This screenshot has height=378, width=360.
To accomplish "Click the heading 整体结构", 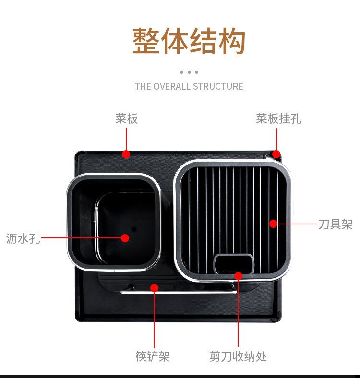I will pyautogui.click(x=189, y=42).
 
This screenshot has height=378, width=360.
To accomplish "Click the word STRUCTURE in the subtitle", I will pyautogui.click(x=218, y=87).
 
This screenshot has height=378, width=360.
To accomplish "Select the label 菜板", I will pyautogui.click(x=126, y=118).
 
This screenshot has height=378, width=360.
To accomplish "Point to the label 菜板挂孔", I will pyautogui.click(x=278, y=118).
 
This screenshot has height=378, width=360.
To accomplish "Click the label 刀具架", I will pyautogui.click(x=335, y=224).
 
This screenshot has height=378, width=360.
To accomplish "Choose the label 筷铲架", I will pyautogui.click(x=152, y=356).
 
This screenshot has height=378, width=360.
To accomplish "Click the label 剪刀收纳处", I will pyautogui.click(x=238, y=356).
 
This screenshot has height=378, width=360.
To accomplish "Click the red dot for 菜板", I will pyautogui.click(x=126, y=154).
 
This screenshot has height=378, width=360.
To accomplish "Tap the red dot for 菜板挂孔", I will pyautogui.click(x=276, y=154).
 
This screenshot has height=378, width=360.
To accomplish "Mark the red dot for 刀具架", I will pyautogui.click(x=273, y=224).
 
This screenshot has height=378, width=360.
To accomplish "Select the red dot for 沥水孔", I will pyautogui.click(x=125, y=237).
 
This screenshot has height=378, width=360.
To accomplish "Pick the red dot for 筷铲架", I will pyautogui.click(x=154, y=288).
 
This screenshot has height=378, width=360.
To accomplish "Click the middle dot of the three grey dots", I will pyautogui.click(x=189, y=72).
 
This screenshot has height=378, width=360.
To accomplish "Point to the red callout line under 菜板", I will pyautogui.click(x=126, y=139).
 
